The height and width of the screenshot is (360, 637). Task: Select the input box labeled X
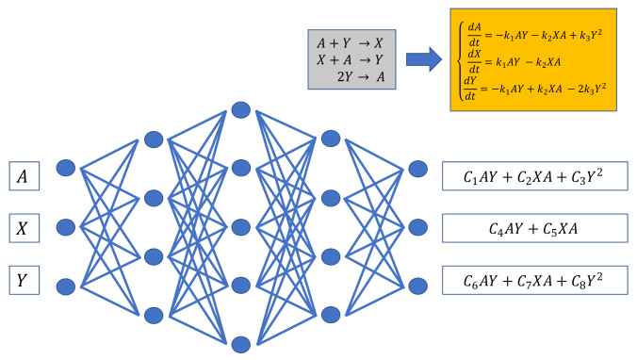coord(24,227)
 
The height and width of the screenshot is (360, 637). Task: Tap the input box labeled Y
coord(24,280)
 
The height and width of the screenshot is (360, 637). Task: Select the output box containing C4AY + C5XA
coord(534,227)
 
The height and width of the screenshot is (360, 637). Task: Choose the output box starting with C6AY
coord(534,280)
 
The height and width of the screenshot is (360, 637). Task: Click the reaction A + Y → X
coord(351,43)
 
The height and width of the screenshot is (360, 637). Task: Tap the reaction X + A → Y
coord(351,60)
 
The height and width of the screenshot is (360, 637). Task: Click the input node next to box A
coord(65,169)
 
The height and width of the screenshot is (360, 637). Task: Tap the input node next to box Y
coord(65,285)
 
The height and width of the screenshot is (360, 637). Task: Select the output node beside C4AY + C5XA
coord(416,227)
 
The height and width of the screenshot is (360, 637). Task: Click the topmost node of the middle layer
coord(241,109)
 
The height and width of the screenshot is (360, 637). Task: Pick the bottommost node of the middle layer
coord(241,343)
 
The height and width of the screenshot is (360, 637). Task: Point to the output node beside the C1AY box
coord(416,169)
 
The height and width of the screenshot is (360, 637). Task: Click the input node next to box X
coord(65,227)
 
